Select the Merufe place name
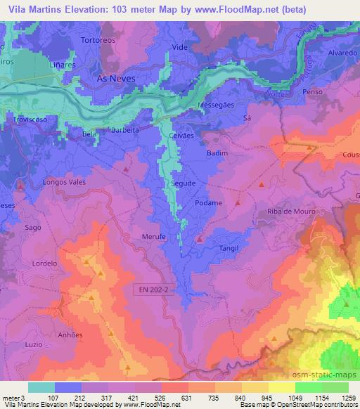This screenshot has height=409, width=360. (154, 238)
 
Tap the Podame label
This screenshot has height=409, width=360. (209, 202)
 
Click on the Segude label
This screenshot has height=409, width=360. (184, 183)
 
